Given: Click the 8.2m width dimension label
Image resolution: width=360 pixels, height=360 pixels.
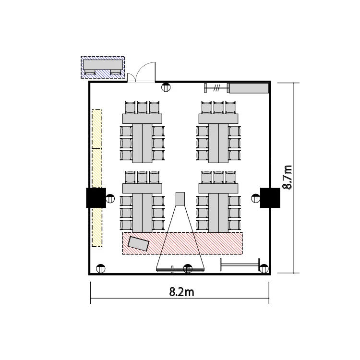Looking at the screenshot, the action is [x=181, y=292].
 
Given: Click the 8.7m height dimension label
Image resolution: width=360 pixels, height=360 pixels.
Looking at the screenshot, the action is [x=287, y=177].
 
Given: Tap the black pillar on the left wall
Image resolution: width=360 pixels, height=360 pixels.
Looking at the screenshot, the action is [x=96, y=198].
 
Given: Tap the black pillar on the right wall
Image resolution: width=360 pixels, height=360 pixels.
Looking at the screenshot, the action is [x=270, y=198].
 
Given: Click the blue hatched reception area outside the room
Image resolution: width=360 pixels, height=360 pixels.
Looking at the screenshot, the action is [x=103, y=68].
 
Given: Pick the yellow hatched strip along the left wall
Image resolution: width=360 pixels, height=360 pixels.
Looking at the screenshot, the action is [x=97, y=178].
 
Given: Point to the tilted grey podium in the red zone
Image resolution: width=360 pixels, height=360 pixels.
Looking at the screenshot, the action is [x=138, y=243].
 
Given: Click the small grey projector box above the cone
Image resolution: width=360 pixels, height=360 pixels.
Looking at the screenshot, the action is [x=180, y=199].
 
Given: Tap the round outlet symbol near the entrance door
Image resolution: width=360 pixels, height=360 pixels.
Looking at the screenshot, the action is [x=166, y=87].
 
